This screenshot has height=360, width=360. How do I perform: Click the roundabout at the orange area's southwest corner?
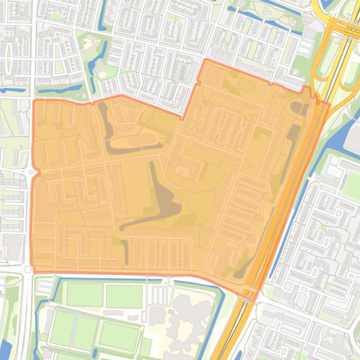click(x=28, y=269)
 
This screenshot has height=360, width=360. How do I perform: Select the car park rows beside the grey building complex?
click(x=159, y=295)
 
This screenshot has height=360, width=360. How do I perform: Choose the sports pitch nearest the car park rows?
click(x=124, y=296)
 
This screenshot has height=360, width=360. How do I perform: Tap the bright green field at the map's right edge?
click(x=352, y=185)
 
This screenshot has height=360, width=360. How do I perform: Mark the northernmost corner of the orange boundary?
click(x=205, y=60)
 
